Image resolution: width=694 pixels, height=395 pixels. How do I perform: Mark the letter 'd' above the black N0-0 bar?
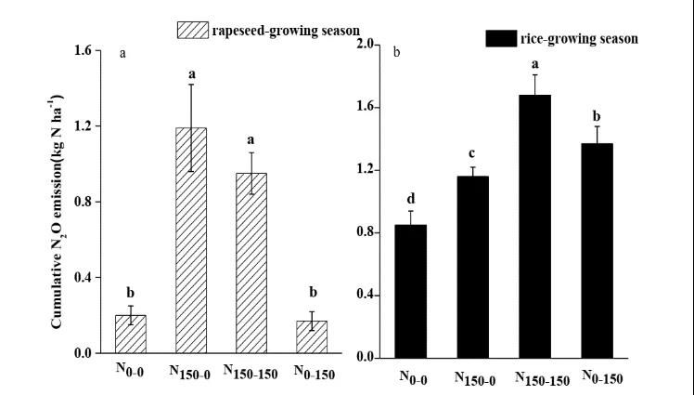(x=411, y=199)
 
